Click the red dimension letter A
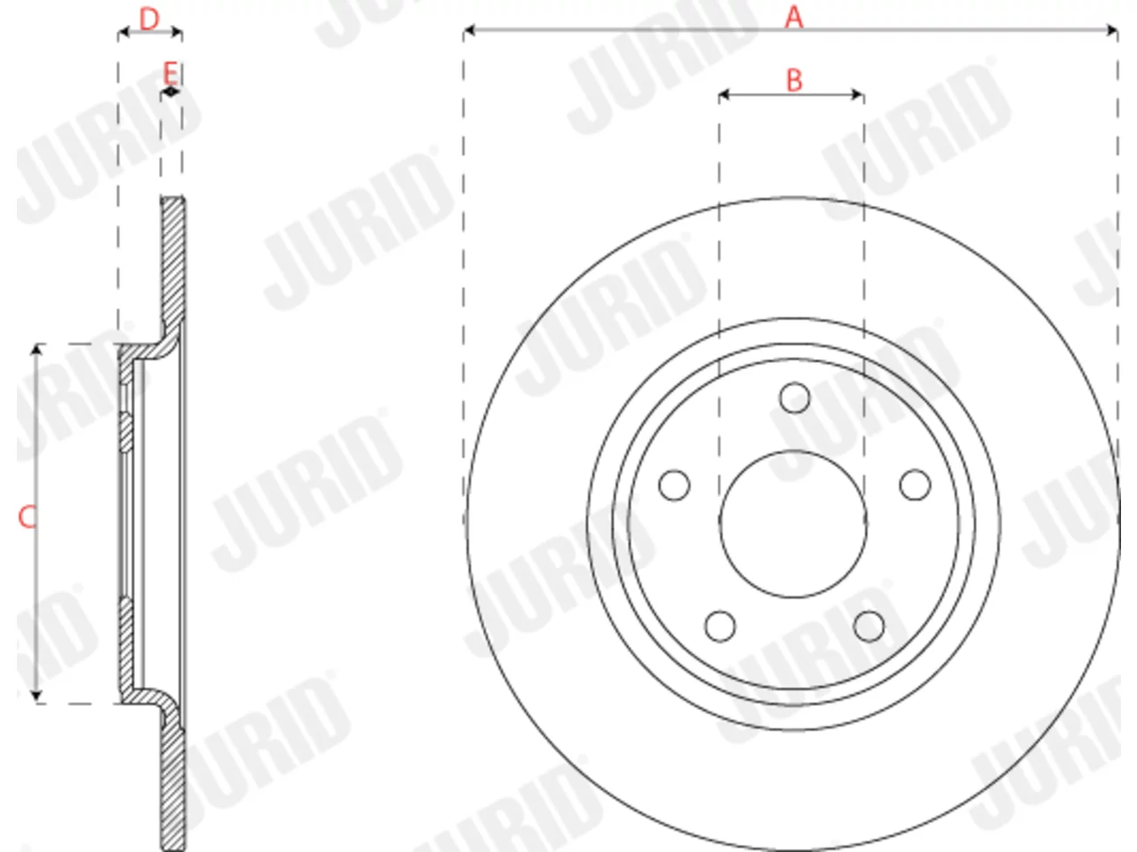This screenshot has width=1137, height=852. [793, 17]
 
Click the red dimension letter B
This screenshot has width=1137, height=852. [794, 80]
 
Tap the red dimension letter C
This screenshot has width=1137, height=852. [27, 517]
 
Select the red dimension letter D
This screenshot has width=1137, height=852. [149, 20]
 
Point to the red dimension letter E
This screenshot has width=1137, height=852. [171, 73]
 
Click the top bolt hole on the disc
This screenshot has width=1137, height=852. [795, 398]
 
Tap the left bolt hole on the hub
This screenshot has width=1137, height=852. [674, 485]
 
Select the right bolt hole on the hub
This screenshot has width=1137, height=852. [915, 485]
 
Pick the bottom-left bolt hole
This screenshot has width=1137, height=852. [720, 627]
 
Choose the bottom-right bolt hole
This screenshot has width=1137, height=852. [870, 627]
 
